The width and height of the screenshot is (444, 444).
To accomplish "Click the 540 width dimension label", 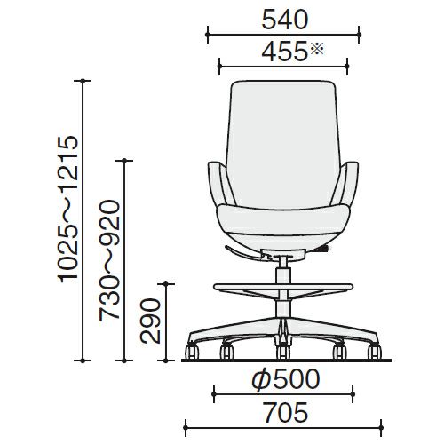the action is pyautogui.click(x=285, y=20).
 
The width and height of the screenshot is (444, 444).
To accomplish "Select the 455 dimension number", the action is pyautogui.click(x=284, y=52).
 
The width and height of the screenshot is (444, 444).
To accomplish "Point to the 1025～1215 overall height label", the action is pyautogui.click(x=68, y=209).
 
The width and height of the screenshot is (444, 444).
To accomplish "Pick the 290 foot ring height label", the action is pyautogui.click(x=150, y=321).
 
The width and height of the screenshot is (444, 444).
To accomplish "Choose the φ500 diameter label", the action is pyautogui.click(x=286, y=379).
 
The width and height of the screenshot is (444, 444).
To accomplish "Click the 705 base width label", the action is pyautogui.click(x=286, y=412).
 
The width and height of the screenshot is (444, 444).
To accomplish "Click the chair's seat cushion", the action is pyautogui.click(x=283, y=220).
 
